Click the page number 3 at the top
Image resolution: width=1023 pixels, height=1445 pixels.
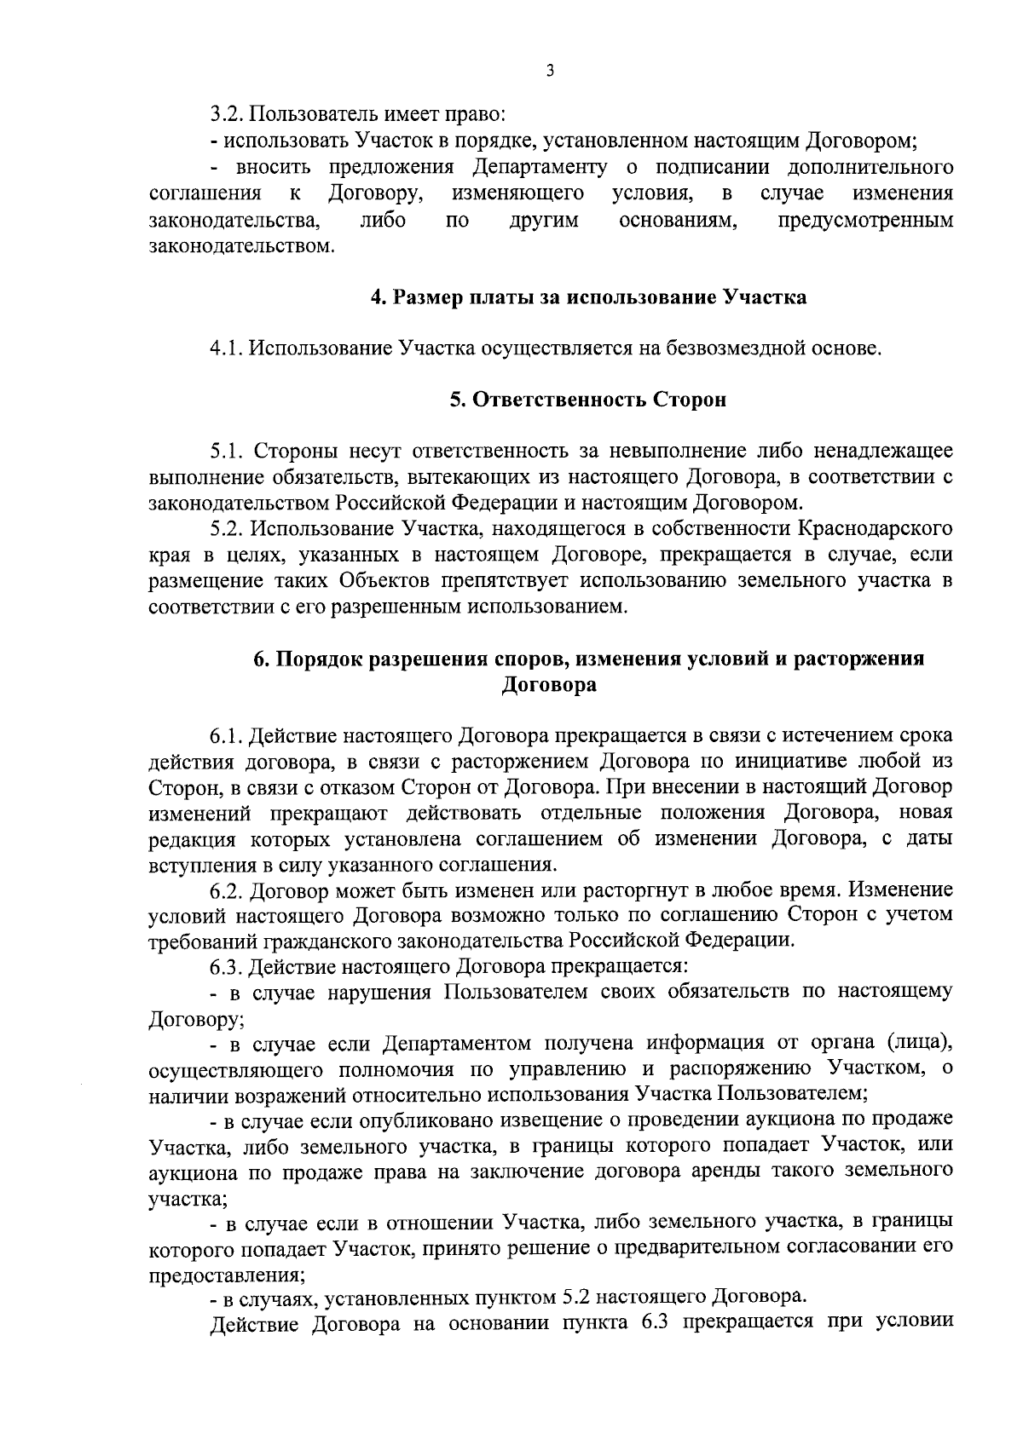tap(551, 71)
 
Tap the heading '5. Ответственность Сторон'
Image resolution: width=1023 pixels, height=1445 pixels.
tap(588, 400)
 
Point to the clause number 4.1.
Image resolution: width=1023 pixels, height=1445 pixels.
tap(227, 348)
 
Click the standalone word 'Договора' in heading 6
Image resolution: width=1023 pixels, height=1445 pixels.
tap(549, 685)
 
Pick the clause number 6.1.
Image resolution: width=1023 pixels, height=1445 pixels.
tap(227, 734)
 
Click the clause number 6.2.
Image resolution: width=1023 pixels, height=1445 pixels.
tap(227, 890)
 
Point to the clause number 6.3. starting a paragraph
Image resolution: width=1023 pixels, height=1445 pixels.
tap(227, 967)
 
